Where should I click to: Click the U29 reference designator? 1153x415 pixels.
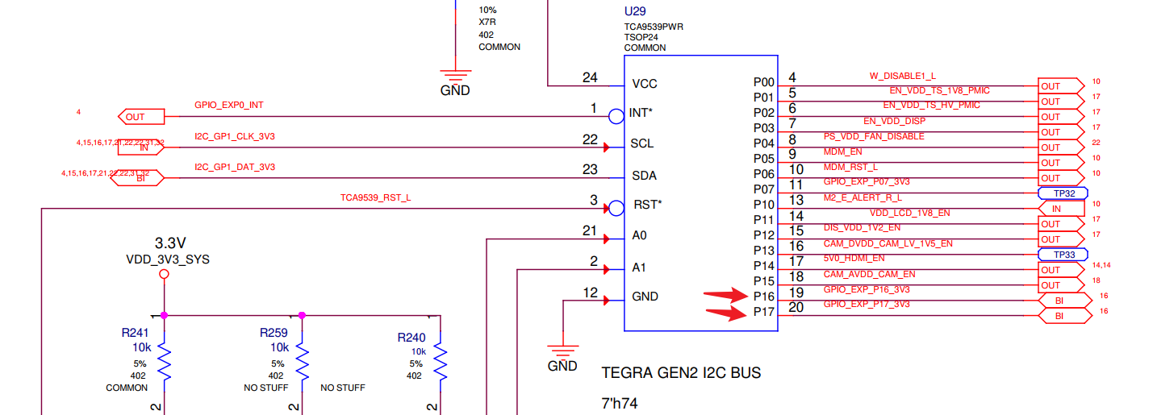click(x=635, y=12)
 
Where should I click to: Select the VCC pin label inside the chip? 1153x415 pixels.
click(x=645, y=84)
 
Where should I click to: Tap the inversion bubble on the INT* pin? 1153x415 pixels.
click(x=616, y=116)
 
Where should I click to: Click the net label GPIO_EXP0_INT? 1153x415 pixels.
click(x=228, y=106)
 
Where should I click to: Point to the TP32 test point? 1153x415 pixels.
click(x=1063, y=193)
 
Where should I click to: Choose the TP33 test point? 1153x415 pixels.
click(x=1063, y=255)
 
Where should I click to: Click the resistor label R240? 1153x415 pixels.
click(x=411, y=338)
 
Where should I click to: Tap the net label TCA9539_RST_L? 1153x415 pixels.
click(x=375, y=197)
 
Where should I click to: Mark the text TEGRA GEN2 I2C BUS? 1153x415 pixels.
click(x=681, y=373)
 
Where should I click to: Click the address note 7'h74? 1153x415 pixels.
click(x=620, y=403)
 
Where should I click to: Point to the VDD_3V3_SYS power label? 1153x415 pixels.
click(x=168, y=259)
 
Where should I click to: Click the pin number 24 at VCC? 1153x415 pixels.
click(x=590, y=78)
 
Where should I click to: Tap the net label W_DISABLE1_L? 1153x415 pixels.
click(x=902, y=76)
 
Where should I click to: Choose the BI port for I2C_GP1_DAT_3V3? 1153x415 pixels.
click(x=140, y=178)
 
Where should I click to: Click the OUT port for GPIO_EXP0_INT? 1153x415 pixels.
click(x=136, y=117)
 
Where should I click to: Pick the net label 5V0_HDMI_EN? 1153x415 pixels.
click(x=854, y=259)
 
